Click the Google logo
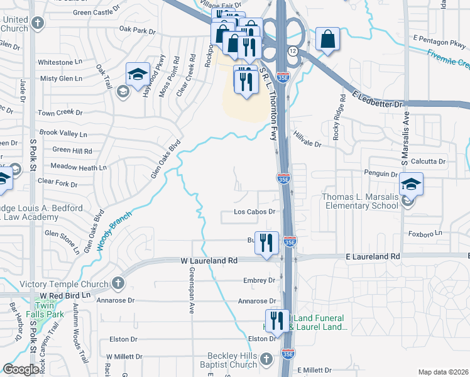click(x=21, y=369)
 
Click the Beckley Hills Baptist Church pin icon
click(x=266, y=359)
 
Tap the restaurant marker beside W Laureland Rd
click(x=266, y=242)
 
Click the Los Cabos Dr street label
click(x=255, y=212)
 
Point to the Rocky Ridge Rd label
click(x=340, y=117)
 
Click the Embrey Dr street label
click(x=263, y=280)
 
